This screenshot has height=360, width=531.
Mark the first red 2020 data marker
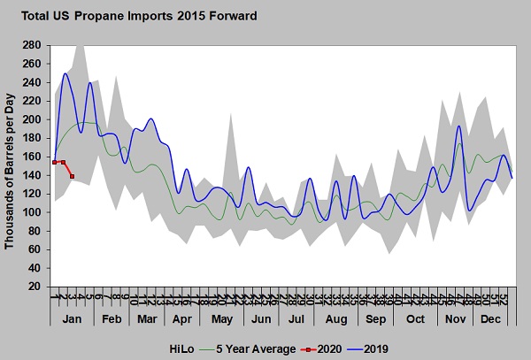tap(55, 162)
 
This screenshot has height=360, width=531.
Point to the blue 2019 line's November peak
tap(458, 126)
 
